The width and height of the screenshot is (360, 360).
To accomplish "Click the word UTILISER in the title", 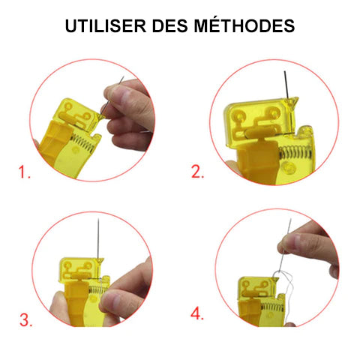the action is click(x=106, y=25).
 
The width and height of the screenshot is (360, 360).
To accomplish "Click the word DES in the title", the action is click(x=169, y=25).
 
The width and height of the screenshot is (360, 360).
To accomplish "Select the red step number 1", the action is click(x=24, y=172).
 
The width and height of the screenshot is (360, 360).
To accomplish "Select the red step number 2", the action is click(x=197, y=172).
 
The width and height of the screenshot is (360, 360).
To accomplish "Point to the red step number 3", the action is click(x=26, y=320).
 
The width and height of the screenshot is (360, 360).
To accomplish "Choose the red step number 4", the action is click(x=197, y=313).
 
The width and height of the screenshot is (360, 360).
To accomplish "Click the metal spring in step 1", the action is click(x=83, y=143).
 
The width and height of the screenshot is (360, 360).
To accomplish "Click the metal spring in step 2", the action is click(x=295, y=152).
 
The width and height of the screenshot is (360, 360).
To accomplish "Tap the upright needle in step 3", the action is click(x=98, y=238).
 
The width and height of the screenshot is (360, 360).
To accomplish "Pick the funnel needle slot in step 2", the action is click(x=292, y=101).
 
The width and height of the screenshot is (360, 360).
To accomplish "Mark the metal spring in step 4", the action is click(x=272, y=307).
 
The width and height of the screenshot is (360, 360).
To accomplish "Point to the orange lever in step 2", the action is click(x=259, y=160).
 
